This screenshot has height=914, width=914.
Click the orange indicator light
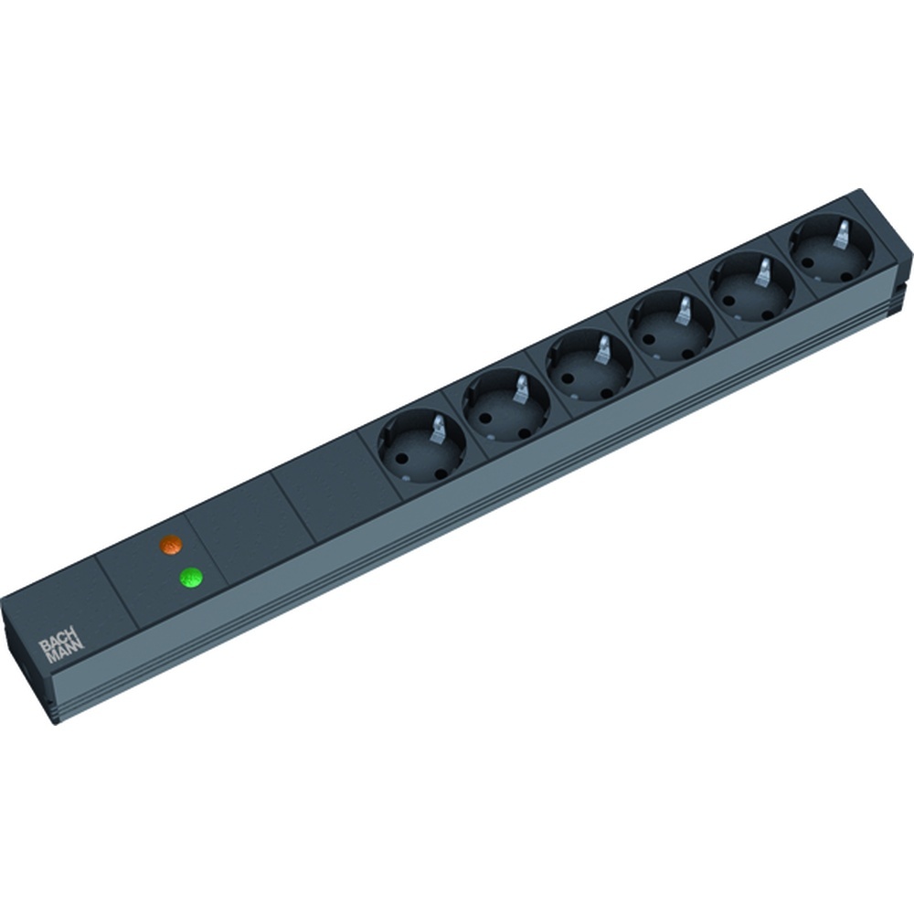(x=171, y=545)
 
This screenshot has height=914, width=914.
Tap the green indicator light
(x=191, y=578)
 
